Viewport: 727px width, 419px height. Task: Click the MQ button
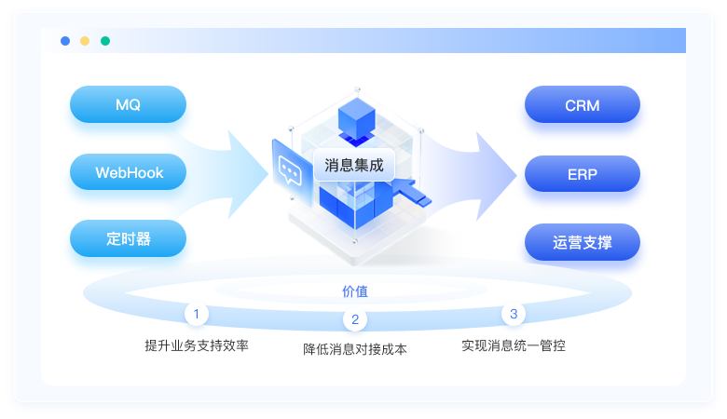click(128, 104)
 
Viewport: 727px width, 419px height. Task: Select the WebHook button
click(128, 172)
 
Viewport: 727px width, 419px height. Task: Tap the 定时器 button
click(128, 238)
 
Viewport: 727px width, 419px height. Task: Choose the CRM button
click(582, 104)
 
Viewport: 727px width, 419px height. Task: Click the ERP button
click(582, 173)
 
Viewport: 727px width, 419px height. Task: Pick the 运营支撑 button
click(582, 242)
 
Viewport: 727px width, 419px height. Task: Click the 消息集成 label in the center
click(353, 166)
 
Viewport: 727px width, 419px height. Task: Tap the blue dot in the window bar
click(65, 41)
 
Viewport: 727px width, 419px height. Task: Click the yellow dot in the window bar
click(85, 41)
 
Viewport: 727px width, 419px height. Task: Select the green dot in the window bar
click(105, 41)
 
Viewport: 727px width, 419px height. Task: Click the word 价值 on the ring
click(355, 291)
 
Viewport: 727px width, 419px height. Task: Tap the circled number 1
click(197, 314)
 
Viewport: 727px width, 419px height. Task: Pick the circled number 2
click(355, 320)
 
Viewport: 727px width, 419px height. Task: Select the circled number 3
click(514, 314)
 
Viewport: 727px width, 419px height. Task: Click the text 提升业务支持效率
click(197, 345)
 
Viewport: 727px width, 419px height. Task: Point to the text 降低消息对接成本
click(355, 350)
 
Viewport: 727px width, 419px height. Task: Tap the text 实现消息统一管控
click(514, 345)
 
